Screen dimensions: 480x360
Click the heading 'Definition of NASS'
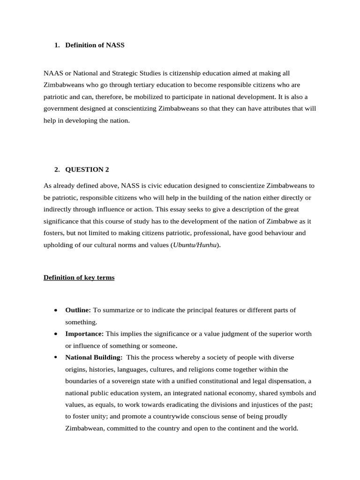(x=95, y=45)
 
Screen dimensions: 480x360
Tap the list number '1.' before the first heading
(x=57, y=45)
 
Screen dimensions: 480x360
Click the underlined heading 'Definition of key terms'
(x=79, y=277)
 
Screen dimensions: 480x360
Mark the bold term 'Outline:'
(x=78, y=310)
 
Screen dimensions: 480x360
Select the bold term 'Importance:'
(x=84, y=334)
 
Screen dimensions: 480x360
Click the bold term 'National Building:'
(x=94, y=357)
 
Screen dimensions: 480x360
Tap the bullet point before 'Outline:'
(x=56, y=310)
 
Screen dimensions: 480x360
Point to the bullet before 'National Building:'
(x=56, y=357)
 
